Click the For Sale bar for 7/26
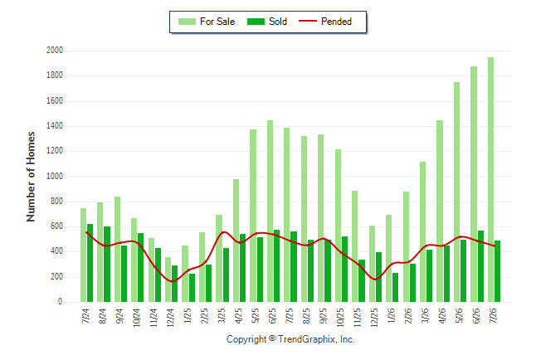click(490, 179)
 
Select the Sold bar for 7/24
click(90, 263)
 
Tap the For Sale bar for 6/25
click(270, 211)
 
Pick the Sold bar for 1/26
click(395, 287)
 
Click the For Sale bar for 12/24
click(168, 280)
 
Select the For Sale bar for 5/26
click(456, 192)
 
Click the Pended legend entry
click(325, 22)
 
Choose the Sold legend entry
click(267, 22)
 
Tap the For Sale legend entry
click(207, 22)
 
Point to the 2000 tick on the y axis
click(55, 51)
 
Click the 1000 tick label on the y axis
click(55, 176)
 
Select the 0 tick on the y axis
click(61, 302)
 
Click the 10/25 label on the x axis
click(340, 317)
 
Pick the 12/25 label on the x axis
click(373, 317)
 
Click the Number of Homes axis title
click(31, 177)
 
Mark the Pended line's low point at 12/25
click(375, 280)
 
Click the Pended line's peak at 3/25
click(223, 231)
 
